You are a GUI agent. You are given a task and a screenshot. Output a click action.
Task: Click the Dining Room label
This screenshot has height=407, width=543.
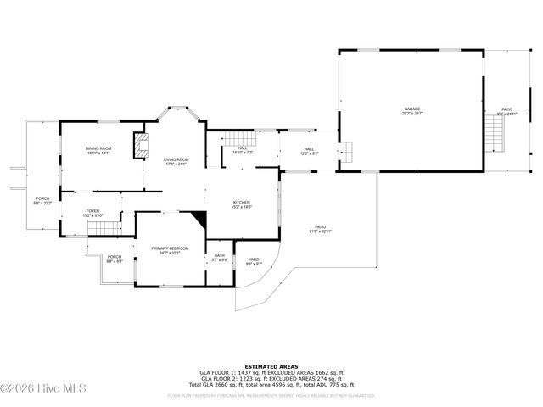[98, 151]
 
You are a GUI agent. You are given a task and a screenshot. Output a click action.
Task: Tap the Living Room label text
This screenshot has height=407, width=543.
[176, 161]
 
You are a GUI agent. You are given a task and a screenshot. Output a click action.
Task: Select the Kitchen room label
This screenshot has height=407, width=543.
[242, 204]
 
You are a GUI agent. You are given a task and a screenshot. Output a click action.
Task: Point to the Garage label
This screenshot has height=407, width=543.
[411, 109]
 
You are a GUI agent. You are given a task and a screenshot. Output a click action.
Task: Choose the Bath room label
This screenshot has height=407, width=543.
[219, 257]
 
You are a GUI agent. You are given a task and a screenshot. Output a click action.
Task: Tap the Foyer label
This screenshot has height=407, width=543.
[92, 213]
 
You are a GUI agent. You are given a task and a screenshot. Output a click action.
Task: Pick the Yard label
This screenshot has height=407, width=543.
[254, 261]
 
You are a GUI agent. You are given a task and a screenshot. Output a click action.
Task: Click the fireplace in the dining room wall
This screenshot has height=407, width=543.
[139, 146]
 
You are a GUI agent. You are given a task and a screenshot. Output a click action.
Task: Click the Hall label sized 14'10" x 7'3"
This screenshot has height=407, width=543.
[242, 150]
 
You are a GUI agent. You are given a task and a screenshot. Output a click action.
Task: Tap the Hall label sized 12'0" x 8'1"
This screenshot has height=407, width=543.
[309, 151]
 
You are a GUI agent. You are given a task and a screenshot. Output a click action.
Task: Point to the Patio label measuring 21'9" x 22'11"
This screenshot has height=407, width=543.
[320, 229]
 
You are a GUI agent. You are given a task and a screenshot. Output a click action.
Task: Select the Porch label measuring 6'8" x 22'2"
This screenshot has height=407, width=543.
[42, 200]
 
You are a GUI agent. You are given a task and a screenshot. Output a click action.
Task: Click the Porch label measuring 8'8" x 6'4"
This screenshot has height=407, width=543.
[114, 259]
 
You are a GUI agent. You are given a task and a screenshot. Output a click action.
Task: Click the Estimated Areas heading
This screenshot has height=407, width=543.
[271, 366]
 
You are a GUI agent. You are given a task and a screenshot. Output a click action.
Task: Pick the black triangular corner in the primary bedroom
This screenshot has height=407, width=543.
[199, 219]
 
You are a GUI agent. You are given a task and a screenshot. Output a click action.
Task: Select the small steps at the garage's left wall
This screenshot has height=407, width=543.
[348, 150]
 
